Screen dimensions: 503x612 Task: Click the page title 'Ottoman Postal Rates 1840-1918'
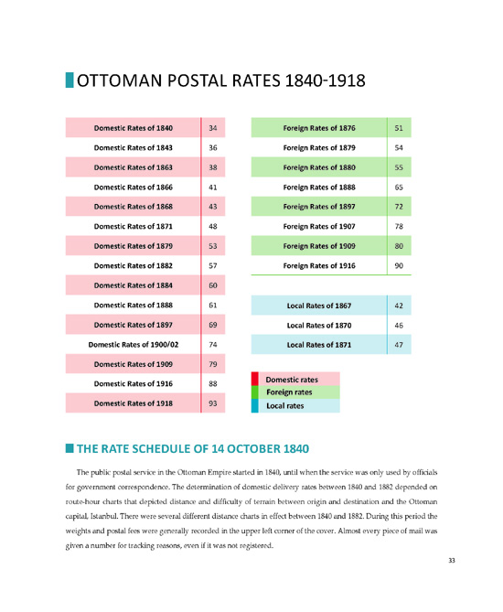pos(221,81)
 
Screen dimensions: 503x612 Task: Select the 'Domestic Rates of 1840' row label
pos(134,128)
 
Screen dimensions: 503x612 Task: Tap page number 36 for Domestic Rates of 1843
pos(213,148)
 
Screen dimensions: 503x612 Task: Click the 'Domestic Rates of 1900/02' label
pos(134,345)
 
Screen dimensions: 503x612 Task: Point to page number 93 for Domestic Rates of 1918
pos(213,403)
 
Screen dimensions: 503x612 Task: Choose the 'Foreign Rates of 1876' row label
pos(319,128)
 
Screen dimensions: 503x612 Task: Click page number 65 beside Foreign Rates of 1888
pos(399,188)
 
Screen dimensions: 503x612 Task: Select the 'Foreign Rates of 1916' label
pos(319,266)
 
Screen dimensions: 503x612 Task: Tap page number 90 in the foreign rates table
pos(399,266)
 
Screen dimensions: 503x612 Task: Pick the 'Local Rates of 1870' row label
pos(319,325)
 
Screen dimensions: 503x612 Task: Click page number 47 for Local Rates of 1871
pos(399,345)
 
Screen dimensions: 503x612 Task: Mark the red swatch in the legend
pos(254,379)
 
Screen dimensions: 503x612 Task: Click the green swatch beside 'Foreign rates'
pos(254,392)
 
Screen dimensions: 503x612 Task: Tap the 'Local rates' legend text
pos(284,406)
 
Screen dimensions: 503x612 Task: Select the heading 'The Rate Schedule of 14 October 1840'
pos(193,449)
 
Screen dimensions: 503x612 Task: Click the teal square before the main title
pos(70,80)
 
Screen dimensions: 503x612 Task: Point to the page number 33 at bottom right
pos(452,561)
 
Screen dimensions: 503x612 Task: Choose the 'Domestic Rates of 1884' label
pos(134,285)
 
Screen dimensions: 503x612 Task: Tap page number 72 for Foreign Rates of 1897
pos(399,207)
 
